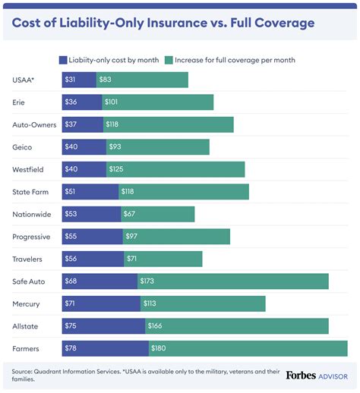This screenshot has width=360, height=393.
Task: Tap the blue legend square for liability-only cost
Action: [x=63, y=59]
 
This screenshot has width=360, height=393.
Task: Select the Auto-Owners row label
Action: [x=33, y=124]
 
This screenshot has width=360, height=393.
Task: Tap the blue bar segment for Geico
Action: [x=93, y=147]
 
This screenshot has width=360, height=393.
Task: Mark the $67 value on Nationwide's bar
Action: [x=130, y=214]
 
